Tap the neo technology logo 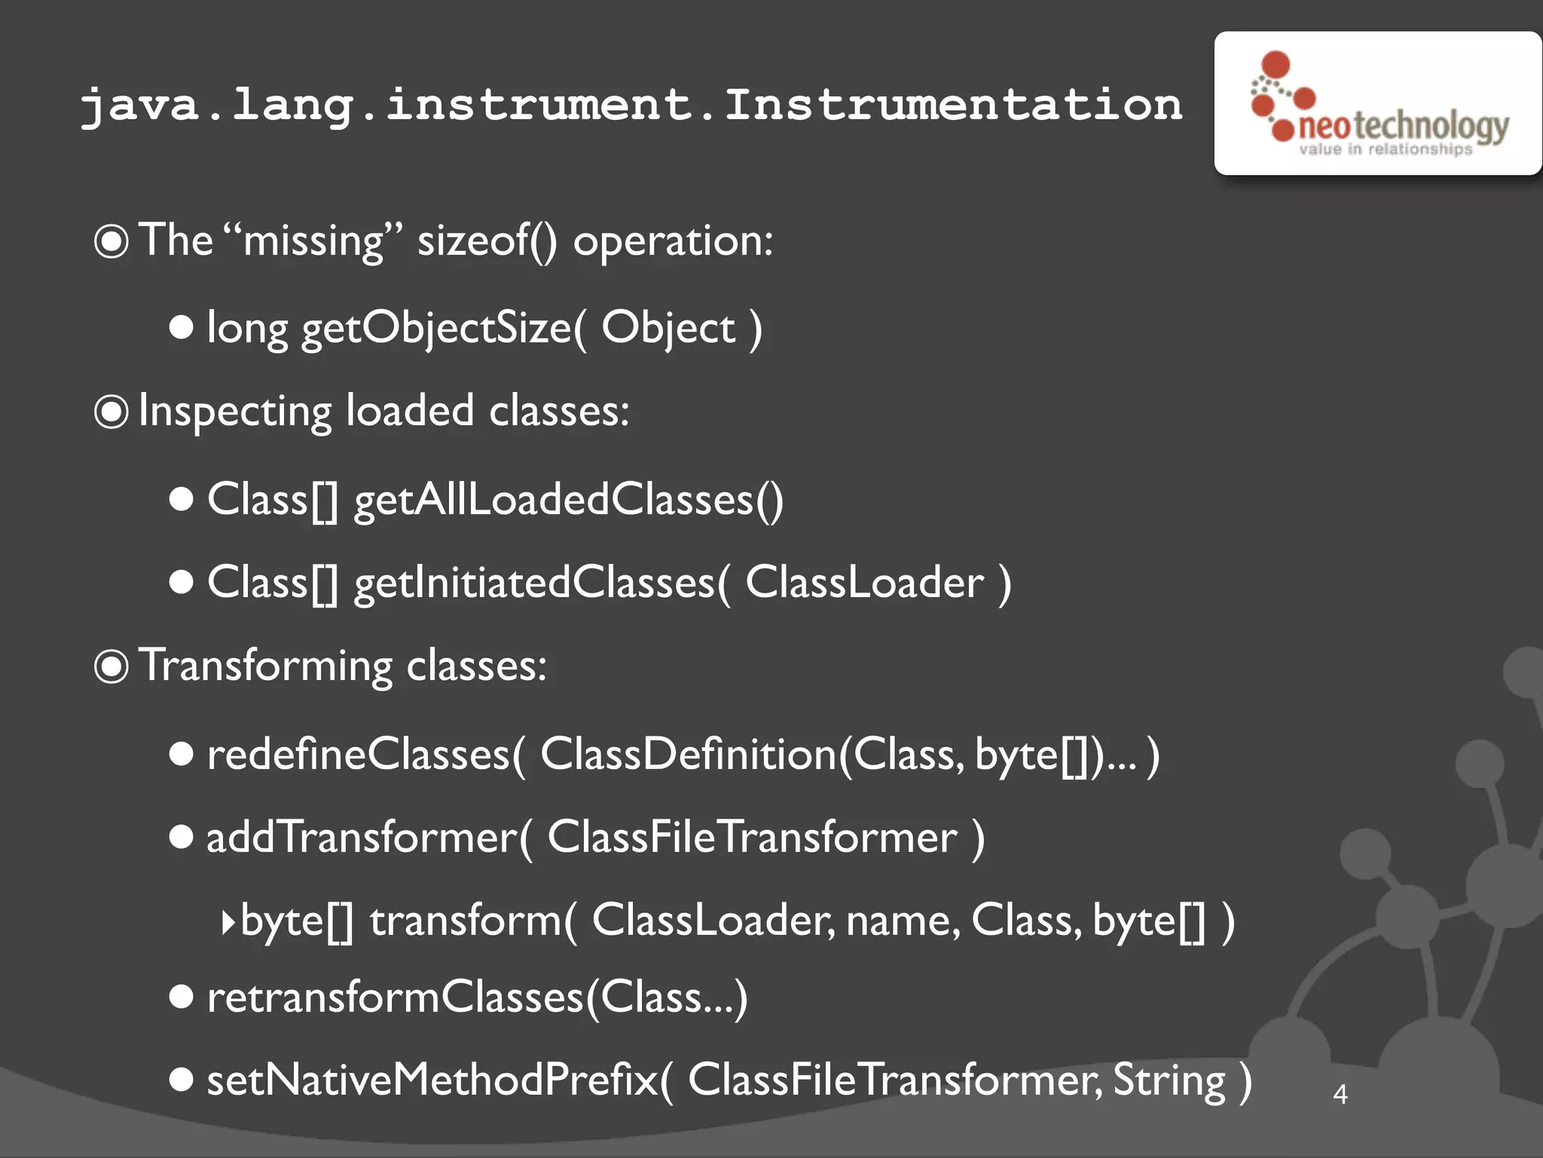pos(1379,104)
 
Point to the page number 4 pos(1340,1094)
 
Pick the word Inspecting pos(235,412)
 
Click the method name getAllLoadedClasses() pos(569,499)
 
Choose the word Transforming pos(266,666)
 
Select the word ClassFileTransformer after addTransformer pos(752,838)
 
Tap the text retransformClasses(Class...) pos(477,997)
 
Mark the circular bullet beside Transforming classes pos(112,666)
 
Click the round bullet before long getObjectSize pos(181,327)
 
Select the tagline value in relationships pos(1385,149)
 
